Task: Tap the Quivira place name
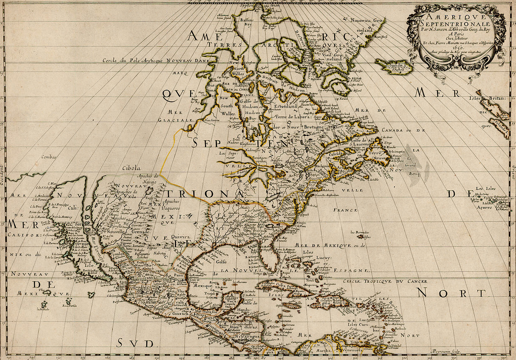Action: coord(180,237)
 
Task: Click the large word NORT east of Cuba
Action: coord(450,293)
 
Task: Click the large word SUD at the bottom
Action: coord(133,343)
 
